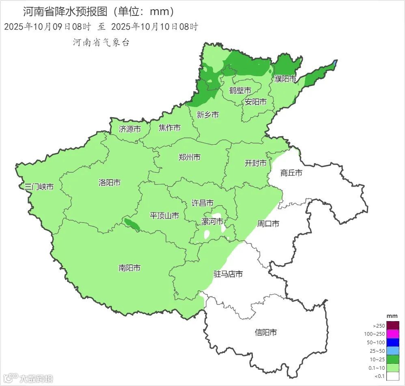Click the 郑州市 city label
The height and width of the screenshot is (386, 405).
pos(190,157)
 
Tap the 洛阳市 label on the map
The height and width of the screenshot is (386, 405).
pos(110,182)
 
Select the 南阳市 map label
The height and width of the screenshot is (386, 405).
pos(129,268)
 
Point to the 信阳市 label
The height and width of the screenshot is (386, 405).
pos(266,332)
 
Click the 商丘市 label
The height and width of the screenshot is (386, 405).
pos(291,173)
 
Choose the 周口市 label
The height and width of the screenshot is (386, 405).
pos(268,223)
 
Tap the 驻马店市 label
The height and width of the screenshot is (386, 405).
pos(228,274)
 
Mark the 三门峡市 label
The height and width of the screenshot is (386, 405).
pos(39,187)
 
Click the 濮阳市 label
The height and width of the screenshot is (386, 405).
pos(285,79)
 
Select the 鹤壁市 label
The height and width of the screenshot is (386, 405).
pos(240,90)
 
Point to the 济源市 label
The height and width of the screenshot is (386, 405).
pos(130,129)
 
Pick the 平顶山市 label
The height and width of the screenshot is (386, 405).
pos(164,216)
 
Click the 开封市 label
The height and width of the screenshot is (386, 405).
pos(256,163)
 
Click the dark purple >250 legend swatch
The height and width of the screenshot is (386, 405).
pos(393,326)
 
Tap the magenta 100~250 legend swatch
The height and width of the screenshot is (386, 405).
pos(393,334)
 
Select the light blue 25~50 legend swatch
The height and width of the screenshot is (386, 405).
pos(393,351)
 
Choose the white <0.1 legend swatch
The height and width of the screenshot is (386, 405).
pos(393,376)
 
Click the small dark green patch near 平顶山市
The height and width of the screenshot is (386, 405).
pos(132,225)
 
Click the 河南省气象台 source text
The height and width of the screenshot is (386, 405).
pos(101,43)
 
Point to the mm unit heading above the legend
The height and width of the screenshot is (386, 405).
pos(392,316)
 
